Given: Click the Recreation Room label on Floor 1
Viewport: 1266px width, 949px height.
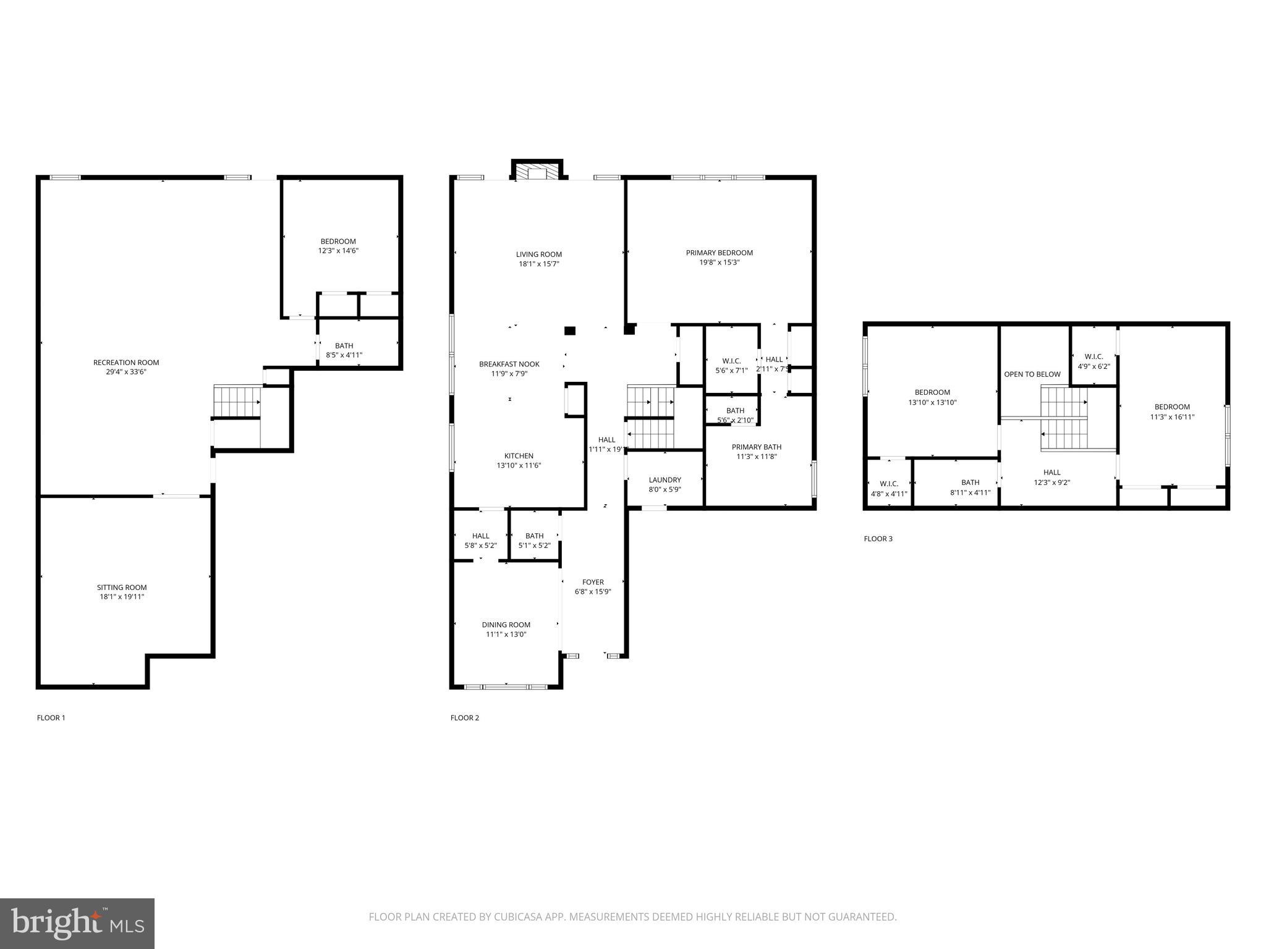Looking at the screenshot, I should pyautogui.click(x=126, y=363).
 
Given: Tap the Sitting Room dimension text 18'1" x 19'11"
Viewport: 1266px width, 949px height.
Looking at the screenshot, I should pyautogui.click(x=122, y=597).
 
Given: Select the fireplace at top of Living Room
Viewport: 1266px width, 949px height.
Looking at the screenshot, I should pyautogui.click(x=537, y=172).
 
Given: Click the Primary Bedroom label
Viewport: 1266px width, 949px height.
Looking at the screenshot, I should pyautogui.click(x=719, y=253).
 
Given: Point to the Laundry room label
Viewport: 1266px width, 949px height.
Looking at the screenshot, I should pyautogui.click(x=665, y=480).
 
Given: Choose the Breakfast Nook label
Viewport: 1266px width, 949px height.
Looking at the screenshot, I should pyautogui.click(x=509, y=365).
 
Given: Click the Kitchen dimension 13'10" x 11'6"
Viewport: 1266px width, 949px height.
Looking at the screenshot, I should pyautogui.click(x=519, y=466).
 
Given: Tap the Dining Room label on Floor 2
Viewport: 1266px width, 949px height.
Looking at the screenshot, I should pyautogui.click(x=506, y=625).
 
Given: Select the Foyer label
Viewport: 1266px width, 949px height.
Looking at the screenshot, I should pyautogui.click(x=593, y=582).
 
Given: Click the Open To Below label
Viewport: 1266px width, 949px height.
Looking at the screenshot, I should pyautogui.click(x=1032, y=374).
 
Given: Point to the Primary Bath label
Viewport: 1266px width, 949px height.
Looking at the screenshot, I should pyautogui.click(x=756, y=447).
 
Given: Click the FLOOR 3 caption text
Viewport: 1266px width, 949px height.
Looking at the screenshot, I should pyautogui.click(x=878, y=539).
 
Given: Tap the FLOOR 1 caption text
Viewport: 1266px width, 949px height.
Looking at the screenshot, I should pyautogui.click(x=51, y=718).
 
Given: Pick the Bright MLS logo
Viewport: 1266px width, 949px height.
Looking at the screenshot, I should pyautogui.click(x=77, y=923).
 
